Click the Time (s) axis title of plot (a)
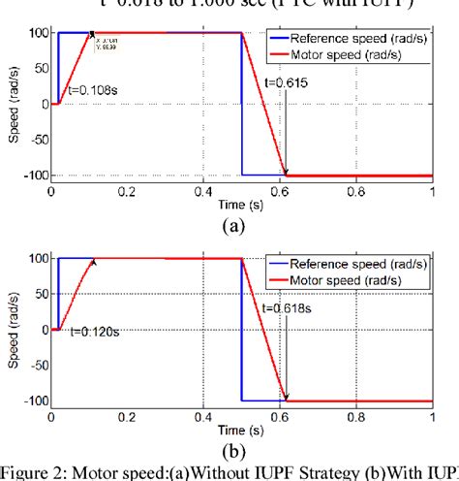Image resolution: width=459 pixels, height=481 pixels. point(240,207)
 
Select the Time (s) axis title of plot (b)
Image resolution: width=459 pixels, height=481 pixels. point(240,433)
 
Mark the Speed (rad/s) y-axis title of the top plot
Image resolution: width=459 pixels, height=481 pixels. point(14,104)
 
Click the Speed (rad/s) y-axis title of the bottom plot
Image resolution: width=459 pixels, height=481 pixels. point(14,330)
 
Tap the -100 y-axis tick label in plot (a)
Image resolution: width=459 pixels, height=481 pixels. point(33,175)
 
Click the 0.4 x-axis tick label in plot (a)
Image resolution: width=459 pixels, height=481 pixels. point(203,192)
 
